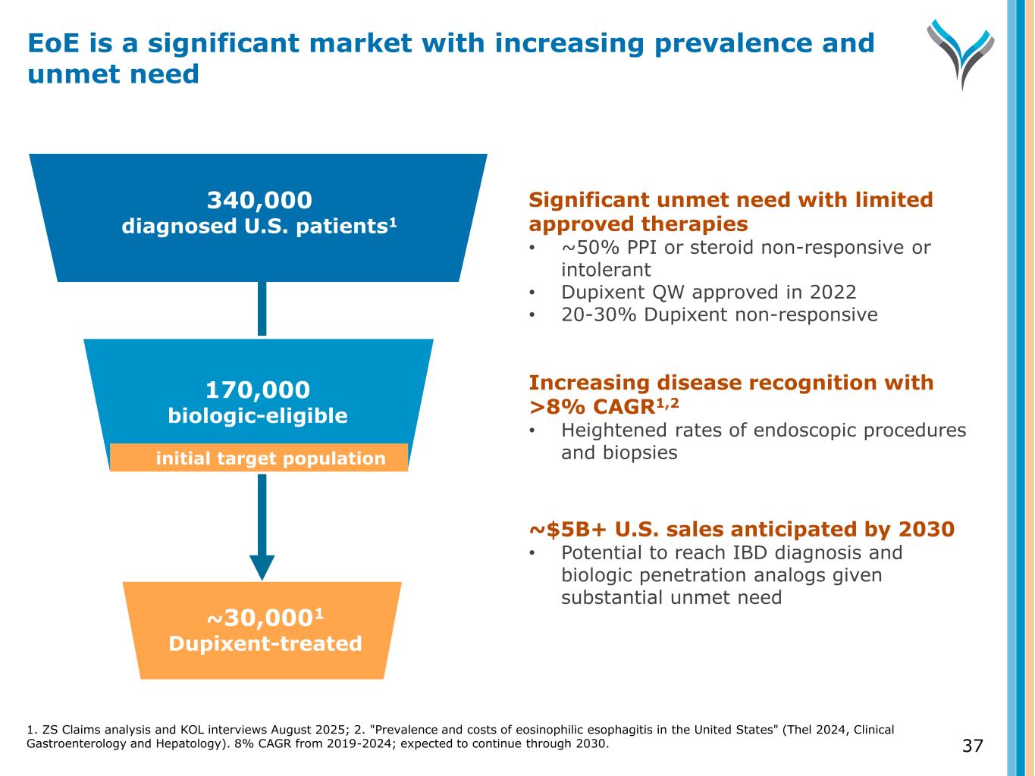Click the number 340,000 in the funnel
(259, 200)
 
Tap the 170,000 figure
(258, 390)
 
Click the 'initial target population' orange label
(270, 458)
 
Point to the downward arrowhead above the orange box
(262, 567)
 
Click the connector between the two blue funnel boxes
(262, 309)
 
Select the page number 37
(972, 746)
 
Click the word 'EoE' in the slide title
(52, 43)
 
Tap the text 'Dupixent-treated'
(265, 644)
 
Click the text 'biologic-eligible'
(258, 416)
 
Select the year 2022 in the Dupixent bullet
(831, 293)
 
